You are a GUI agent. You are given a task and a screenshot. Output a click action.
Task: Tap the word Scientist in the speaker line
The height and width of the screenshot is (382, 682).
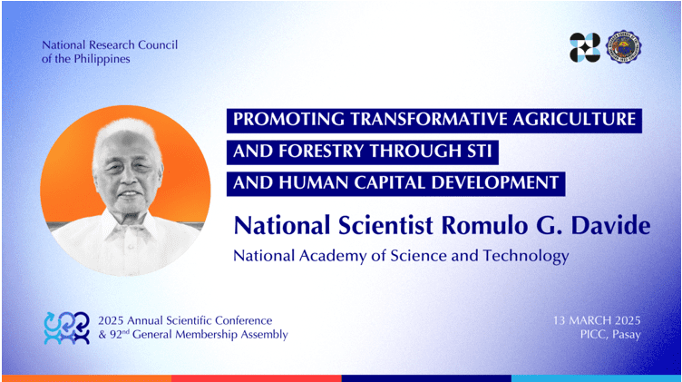(385, 225)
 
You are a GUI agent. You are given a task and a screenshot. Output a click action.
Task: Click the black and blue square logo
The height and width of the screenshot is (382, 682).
(585, 47)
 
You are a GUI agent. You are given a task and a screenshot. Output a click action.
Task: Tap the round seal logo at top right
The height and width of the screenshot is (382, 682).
(624, 47)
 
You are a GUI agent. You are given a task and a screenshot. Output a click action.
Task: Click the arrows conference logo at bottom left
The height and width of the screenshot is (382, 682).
(66, 328)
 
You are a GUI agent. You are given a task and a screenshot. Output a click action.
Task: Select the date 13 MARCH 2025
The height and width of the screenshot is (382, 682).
(597, 320)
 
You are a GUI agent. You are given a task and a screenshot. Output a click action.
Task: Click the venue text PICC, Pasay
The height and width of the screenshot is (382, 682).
(610, 335)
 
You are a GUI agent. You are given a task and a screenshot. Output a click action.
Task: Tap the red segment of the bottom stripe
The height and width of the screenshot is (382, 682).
(256, 378)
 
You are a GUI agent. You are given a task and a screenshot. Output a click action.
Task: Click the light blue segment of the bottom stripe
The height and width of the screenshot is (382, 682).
(596, 378)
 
